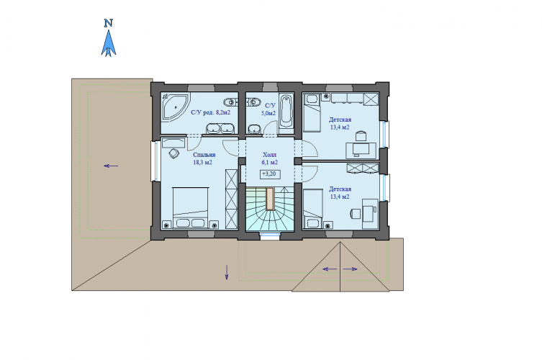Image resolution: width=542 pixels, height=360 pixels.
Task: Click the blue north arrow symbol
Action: (x=109, y=43)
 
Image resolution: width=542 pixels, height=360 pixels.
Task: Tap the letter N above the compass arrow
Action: (x=109, y=23)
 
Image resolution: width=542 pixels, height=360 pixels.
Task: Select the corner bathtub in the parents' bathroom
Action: (x=176, y=107)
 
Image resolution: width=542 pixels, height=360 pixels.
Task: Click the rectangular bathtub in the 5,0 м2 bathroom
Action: (x=286, y=111)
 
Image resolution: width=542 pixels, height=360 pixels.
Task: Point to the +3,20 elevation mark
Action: (x=270, y=174)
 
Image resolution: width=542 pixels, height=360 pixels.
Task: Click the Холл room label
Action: (x=270, y=155)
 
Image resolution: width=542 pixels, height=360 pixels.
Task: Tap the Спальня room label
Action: (x=204, y=155)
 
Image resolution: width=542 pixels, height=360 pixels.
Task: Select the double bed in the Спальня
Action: (x=191, y=208)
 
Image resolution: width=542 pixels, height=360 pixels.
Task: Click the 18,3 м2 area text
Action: (x=203, y=162)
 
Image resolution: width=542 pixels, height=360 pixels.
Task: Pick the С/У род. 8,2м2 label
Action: (x=210, y=112)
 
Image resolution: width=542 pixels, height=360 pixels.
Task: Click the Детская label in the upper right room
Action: (x=340, y=120)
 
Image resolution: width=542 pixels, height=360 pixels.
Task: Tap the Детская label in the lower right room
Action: (x=340, y=189)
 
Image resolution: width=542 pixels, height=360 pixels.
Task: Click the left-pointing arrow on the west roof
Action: (x=111, y=166)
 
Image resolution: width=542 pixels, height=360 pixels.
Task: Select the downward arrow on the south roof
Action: (x=227, y=272)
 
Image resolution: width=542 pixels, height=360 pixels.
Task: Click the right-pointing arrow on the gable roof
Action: (x=350, y=269)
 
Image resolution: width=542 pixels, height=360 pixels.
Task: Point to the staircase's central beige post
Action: (x=270, y=199)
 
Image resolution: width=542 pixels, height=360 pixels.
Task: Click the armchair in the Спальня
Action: (x=174, y=153)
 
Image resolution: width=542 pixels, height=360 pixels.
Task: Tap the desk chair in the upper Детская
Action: (x=361, y=135)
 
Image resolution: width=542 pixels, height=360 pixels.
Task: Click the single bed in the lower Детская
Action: (x=313, y=209)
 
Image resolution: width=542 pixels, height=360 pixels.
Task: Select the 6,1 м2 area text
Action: (x=270, y=162)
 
